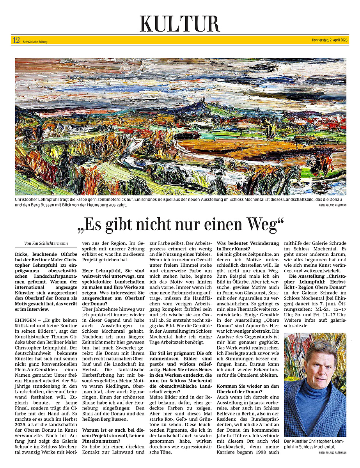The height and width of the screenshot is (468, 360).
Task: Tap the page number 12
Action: (16, 40)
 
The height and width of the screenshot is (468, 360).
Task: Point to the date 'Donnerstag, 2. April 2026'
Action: (330, 40)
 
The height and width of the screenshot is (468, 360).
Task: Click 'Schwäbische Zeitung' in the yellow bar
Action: (35, 42)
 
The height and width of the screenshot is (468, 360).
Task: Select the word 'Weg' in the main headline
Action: (263, 225)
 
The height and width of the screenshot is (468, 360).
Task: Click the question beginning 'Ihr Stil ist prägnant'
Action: (181, 353)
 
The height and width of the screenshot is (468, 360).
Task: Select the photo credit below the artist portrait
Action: (332, 452)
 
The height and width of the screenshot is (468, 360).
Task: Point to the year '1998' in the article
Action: (260, 452)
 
